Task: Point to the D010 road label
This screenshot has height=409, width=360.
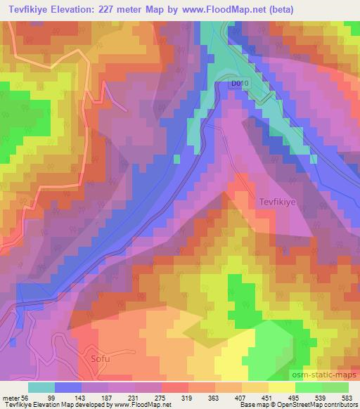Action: pyautogui.click(x=240, y=84)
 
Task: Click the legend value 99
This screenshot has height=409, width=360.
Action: pyautogui.click(x=70, y=397)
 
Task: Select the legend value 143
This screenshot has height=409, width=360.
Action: pyautogui.click(x=101, y=397)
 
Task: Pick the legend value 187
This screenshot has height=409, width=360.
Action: pyautogui.click(x=131, y=397)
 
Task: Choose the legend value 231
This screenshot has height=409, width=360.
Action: pyautogui.click(x=162, y=397)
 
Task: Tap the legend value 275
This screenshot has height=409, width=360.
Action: pyautogui.click(x=193, y=397)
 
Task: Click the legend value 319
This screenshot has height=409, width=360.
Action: pyautogui.click(x=224, y=397)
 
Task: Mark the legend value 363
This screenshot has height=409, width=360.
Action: pyautogui.click(x=255, y=397)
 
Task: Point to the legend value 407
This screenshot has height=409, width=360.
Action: pyautogui.click(x=286, y=397)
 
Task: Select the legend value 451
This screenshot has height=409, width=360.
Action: pyautogui.click(x=317, y=397)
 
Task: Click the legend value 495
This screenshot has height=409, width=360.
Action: pyautogui.click(x=348, y=397)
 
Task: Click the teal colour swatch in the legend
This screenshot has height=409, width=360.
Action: pyautogui.click(x=41, y=387)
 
